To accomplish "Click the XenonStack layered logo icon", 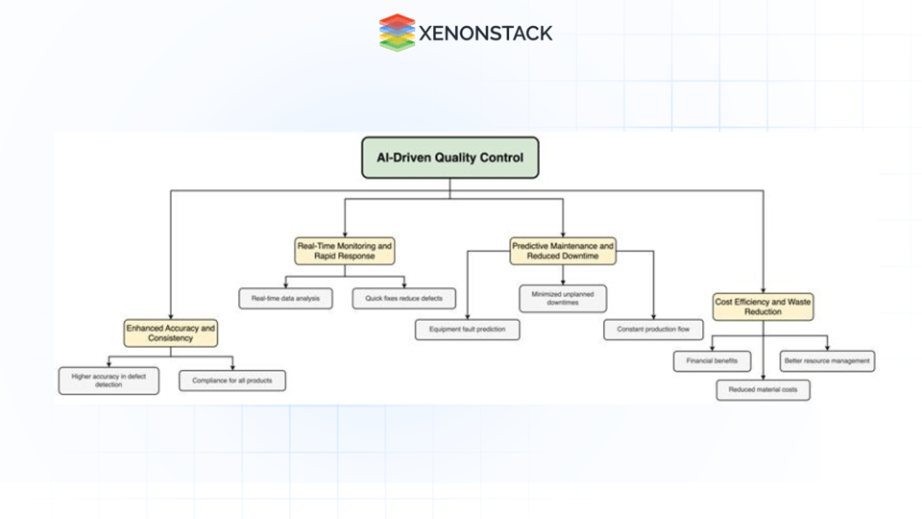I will pyautogui.click(x=397, y=33).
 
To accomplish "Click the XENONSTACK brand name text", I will pyautogui.click(x=485, y=34).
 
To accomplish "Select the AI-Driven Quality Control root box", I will pyautogui.click(x=449, y=158).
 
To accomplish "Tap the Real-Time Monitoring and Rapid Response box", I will pyautogui.click(x=345, y=251).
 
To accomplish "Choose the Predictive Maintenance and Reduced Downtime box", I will pyautogui.click(x=563, y=251).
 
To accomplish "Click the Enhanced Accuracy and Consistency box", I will pyautogui.click(x=171, y=334).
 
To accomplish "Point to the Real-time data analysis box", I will pyautogui.click(x=286, y=298).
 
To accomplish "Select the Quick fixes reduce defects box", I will pyautogui.click(x=403, y=298).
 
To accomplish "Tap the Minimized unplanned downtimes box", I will pyautogui.click(x=563, y=298).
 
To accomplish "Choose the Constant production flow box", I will pyautogui.click(x=653, y=330).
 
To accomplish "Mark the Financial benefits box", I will pyautogui.click(x=712, y=361).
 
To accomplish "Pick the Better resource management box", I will pyautogui.click(x=827, y=361).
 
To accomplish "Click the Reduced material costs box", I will pyautogui.click(x=764, y=389).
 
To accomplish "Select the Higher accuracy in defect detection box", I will pyautogui.click(x=109, y=381).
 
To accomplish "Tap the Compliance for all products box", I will pyautogui.click(x=232, y=381).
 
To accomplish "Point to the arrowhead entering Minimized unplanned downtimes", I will pyautogui.click(x=563, y=282).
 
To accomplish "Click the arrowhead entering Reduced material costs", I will pyautogui.click(x=764, y=376).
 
